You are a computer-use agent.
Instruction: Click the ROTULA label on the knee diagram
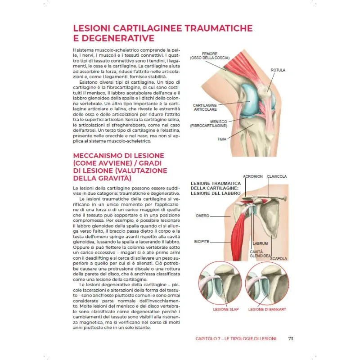click(x=278, y=70)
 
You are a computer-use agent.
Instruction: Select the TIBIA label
click(x=221, y=139)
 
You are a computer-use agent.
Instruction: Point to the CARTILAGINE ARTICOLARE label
click(x=205, y=107)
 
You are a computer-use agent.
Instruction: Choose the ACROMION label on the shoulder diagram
click(x=252, y=176)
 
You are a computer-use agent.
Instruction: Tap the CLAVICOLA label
click(x=277, y=176)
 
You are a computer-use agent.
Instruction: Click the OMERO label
click(x=202, y=216)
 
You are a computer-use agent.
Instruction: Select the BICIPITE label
click(x=202, y=242)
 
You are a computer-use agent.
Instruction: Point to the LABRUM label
click(x=260, y=243)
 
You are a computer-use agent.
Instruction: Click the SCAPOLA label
click(x=279, y=259)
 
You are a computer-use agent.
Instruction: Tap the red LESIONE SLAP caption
click(x=226, y=309)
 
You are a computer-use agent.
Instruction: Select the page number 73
click(x=291, y=338)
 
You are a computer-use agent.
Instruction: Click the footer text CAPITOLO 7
click(x=211, y=338)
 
